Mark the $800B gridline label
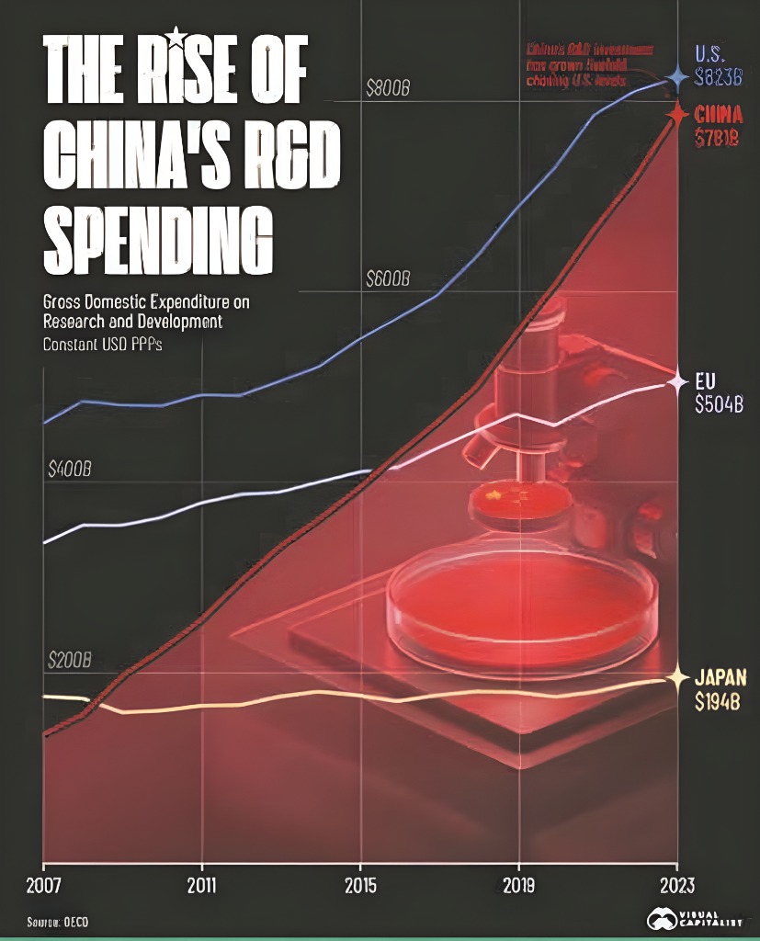(387, 89)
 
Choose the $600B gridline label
(387, 278)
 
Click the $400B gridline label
(70, 470)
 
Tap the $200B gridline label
(70, 661)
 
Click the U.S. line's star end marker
(677, 77)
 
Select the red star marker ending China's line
(677, 114)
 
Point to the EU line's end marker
(677, 380)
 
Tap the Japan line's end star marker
(677, 679)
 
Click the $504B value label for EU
(719, 403)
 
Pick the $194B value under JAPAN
(718, 703)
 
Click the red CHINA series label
(719, 115)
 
